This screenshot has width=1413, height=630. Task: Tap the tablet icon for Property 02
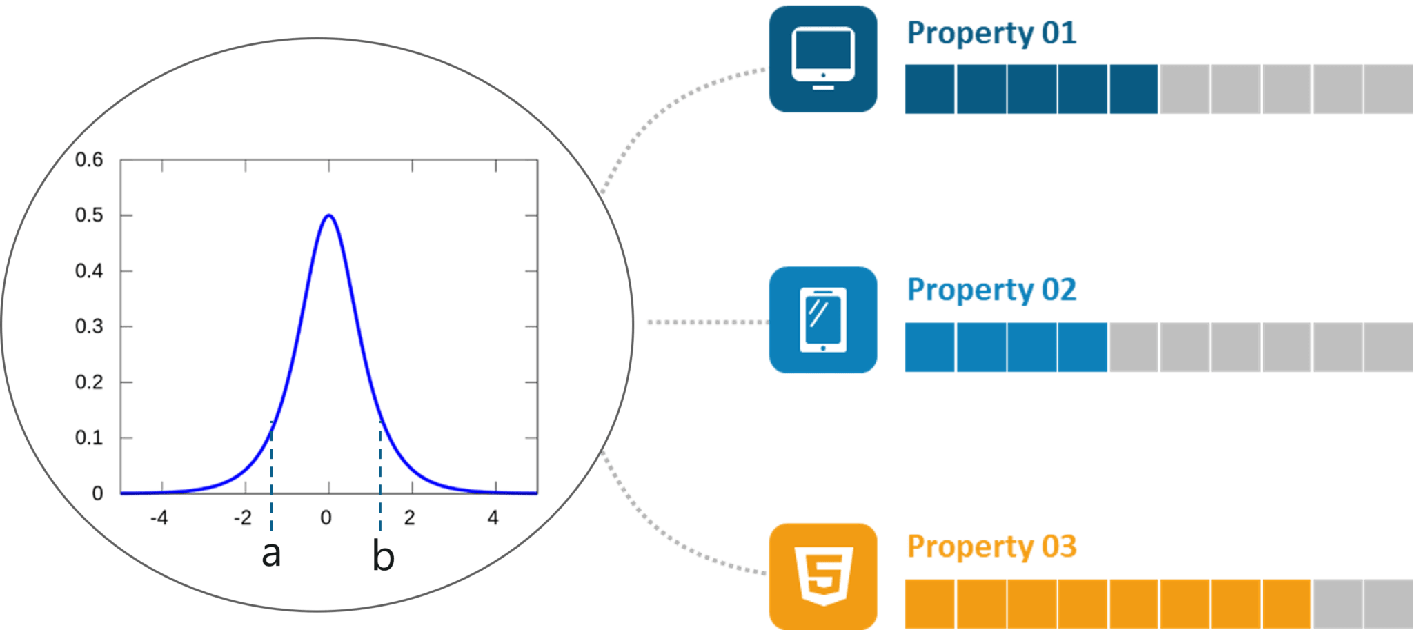pos(822,320)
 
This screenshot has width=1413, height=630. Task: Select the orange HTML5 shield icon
pos(823,576)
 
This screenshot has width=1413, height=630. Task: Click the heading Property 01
pos(991,33)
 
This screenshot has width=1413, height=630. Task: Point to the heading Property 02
pos(991,290)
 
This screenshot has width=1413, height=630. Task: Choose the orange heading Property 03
pos(991,547)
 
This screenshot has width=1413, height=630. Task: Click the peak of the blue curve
pos(329,215)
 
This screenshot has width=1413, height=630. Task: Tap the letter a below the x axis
pos(271,553)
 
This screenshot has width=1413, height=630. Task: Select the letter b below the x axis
pos(383,556)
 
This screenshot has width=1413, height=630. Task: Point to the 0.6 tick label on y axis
pos(89,160)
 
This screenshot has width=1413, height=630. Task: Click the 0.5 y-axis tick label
pos(89,215)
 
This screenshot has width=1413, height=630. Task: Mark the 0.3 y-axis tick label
pos(89,326)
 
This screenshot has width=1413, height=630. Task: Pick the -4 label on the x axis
pos(159,518)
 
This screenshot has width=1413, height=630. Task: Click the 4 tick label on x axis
pos(493,518)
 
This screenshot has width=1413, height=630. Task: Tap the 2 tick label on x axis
pos(410,518)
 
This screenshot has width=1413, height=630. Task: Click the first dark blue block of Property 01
pos(929,89)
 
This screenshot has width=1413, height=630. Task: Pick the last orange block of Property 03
pos(1287,603)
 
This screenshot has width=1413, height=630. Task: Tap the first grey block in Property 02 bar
pos(1134,347)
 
